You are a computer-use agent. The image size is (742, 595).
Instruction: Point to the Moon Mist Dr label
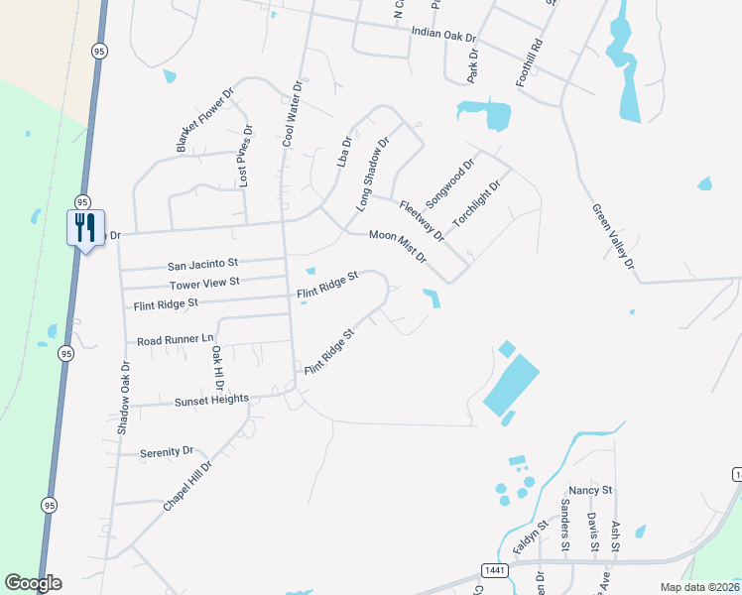(398, 246)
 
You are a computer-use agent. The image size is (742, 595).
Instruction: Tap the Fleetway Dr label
(422, 221)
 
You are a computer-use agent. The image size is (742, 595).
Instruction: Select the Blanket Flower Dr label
(204, 121)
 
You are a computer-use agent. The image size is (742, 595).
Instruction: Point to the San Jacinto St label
(203, 265)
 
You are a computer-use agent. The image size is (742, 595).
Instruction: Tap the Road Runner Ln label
(176, 339)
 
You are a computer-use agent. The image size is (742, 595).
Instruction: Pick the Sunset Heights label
(211, 401)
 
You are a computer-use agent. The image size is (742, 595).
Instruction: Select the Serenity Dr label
(167, 451)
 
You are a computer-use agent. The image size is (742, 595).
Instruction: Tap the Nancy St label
(591, 491)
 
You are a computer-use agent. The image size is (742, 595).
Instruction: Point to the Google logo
(33, 583)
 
